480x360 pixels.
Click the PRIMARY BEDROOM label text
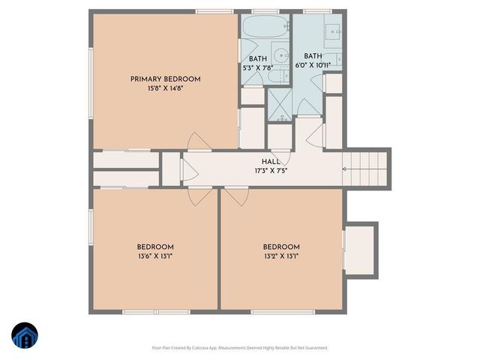click(x=165, y=79)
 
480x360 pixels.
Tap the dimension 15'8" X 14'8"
click(x=165, y=88)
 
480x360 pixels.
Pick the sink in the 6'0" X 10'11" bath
click(x=334, y=31)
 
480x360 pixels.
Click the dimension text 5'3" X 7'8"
click(x=258, y=68)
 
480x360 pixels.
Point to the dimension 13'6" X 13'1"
click(x=155, y=256)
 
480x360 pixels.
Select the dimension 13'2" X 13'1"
click(x=281, y=256)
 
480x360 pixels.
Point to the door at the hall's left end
click(x=184, y=169)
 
